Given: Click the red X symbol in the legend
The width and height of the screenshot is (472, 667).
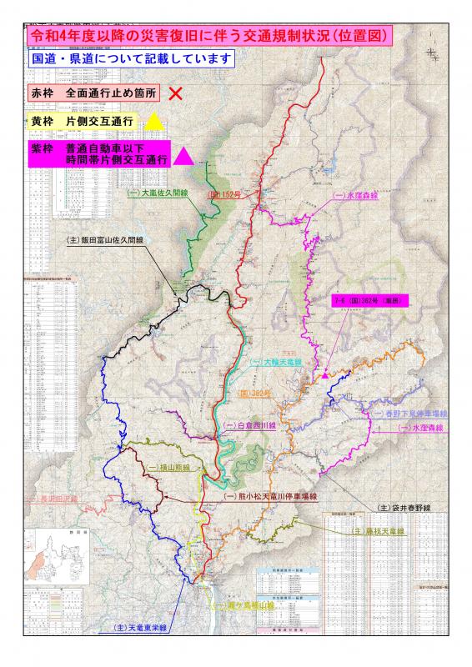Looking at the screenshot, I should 176,93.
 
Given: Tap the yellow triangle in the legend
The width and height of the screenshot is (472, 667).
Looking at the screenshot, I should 153,122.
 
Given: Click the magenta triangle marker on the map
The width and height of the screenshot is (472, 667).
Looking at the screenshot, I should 325,376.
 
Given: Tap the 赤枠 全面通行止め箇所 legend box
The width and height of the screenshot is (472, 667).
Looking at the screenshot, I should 91,93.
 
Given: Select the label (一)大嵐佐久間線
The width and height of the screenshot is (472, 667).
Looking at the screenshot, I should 155,193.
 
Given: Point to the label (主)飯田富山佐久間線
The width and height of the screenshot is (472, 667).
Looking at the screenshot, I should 106,239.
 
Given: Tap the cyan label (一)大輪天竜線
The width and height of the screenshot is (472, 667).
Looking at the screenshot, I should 274,363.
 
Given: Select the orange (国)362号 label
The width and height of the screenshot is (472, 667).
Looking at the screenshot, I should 256,392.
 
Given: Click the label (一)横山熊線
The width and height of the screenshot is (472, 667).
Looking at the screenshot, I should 170,469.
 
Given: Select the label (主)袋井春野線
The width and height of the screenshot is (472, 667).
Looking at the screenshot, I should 404,508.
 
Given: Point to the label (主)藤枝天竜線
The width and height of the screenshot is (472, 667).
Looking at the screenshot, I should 378,531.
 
